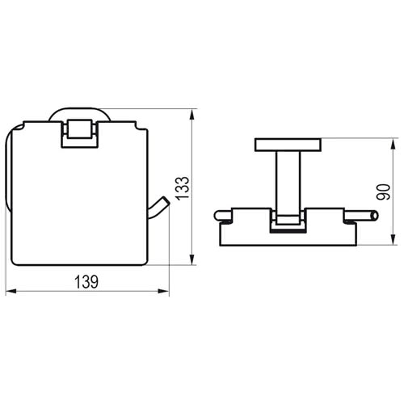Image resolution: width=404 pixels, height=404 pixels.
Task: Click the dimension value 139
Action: coord(86,282)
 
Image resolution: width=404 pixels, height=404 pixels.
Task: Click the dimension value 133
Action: coord(183,188)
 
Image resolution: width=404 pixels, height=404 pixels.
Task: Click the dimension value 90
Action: coord(384,191)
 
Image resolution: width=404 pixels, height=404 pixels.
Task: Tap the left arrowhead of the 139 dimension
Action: coord(11,291)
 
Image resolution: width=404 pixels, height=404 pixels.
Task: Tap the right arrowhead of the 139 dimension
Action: coord(164,291)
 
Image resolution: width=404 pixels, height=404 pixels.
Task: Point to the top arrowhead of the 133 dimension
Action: coord(191,114)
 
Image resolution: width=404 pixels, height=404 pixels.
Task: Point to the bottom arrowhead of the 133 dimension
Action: coord(191,259)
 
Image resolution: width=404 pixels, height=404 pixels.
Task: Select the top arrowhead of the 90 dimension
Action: coord(394,144)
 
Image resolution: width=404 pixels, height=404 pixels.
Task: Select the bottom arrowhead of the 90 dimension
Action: coord(394,239)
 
